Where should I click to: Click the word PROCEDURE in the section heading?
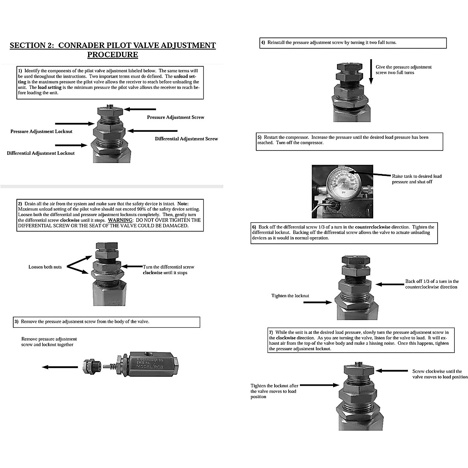click(x=112, y=55)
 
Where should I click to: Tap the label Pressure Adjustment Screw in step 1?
click(x=175, y=117)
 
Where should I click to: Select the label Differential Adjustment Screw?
click(x=186, y=138)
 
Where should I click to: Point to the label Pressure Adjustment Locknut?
click(x=41, y=131)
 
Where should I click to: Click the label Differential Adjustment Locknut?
click(x=41, y=153)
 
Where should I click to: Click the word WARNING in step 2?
click(x=120, y=220)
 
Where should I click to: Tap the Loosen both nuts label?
click(x=45, y=267)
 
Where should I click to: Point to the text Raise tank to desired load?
click(x=417, y=176)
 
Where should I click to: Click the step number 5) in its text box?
click(x=259, y=137)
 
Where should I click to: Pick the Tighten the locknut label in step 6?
click(x=290, y=296)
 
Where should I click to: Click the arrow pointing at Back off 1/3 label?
click(x=388, y=284)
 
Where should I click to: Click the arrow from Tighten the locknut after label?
click(x=319, y=385)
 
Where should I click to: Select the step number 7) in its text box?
click(x=271, y=332)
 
